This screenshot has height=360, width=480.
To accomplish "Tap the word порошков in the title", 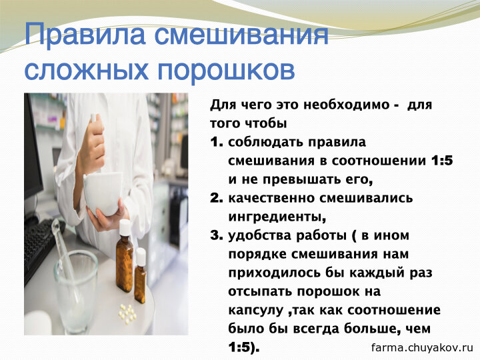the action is pos(226,71).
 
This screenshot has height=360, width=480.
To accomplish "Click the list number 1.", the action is pos(217,142).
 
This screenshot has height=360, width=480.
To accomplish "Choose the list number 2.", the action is pos(217,198).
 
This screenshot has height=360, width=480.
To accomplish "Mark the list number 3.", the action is pos(217,235).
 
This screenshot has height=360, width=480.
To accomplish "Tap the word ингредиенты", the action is pos(277,217).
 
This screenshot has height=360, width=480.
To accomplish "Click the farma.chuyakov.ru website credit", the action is pos(422,347).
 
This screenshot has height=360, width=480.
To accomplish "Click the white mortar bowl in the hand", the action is pos(102,193).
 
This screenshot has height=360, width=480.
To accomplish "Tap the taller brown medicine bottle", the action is pos(125,255).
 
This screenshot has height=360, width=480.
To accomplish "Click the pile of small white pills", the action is pos(127,313).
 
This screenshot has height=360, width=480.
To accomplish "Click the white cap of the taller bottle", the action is pos(125,227).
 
